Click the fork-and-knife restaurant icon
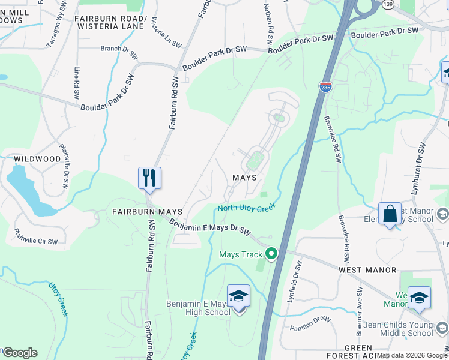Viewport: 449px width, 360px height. click(149, 178)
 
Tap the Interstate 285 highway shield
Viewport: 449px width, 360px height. click(325, 88)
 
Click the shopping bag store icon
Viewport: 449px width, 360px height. click(390, 214)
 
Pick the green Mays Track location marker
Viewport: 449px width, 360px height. click(271, 254)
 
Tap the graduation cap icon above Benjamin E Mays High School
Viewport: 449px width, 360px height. click(238, 296)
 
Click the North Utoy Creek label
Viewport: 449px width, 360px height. click(246, 208)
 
